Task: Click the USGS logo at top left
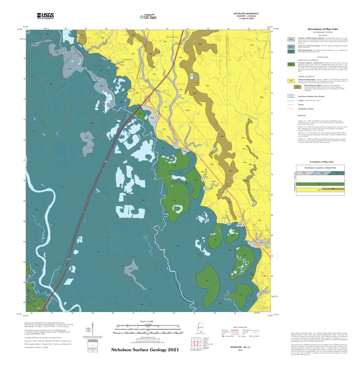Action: pos(45,16)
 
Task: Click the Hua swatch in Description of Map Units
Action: pos(291,39)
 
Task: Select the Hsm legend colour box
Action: pos(291,47)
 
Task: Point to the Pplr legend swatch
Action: pos(297,87)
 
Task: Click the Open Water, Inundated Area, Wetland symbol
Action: pos(291,96)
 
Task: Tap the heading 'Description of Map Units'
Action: pos(323,29)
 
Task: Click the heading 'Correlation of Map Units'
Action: pos(321,162)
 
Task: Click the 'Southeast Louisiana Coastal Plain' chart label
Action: pos(320,168)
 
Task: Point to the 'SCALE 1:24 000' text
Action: pos(147,322)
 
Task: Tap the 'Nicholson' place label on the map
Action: pos(127,59)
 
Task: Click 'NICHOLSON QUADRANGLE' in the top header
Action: pos(246,14)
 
